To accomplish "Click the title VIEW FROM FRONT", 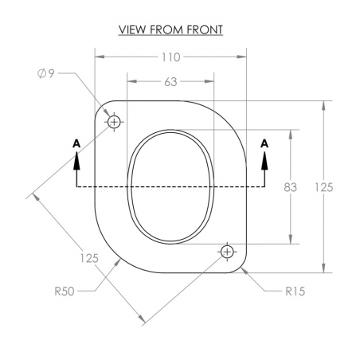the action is [x=170, y=29].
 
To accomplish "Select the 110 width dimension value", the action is [x=171, y=57].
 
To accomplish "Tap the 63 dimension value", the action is [x=170, y=82].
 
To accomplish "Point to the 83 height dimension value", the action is [x=290, y=187].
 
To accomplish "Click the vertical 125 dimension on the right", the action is [x=324, y=187].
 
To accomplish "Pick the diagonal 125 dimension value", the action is [x=89, y=258].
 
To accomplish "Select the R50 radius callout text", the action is [x=65, y=292].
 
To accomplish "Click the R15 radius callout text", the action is [x=295, y=292].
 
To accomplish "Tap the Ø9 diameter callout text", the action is [x=45, y=73].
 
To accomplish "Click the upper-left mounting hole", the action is [x=114, y=122].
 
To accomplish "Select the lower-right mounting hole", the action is [x=227, y=252].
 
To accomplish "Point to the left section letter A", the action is [x=76, y=143].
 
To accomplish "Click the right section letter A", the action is [x=264, y=143].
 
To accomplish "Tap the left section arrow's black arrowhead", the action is [x=76, y=161].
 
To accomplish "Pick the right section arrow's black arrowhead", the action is [x=264, y=161].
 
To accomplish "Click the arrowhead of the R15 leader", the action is [x=245, y=271].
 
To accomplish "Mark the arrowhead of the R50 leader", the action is [x=117, y=263].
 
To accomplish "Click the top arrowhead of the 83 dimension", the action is [x=291, y=135].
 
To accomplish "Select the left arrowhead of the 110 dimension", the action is [x=100, y=57].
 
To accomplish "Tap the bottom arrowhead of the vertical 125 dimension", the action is [x=323, y=268].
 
